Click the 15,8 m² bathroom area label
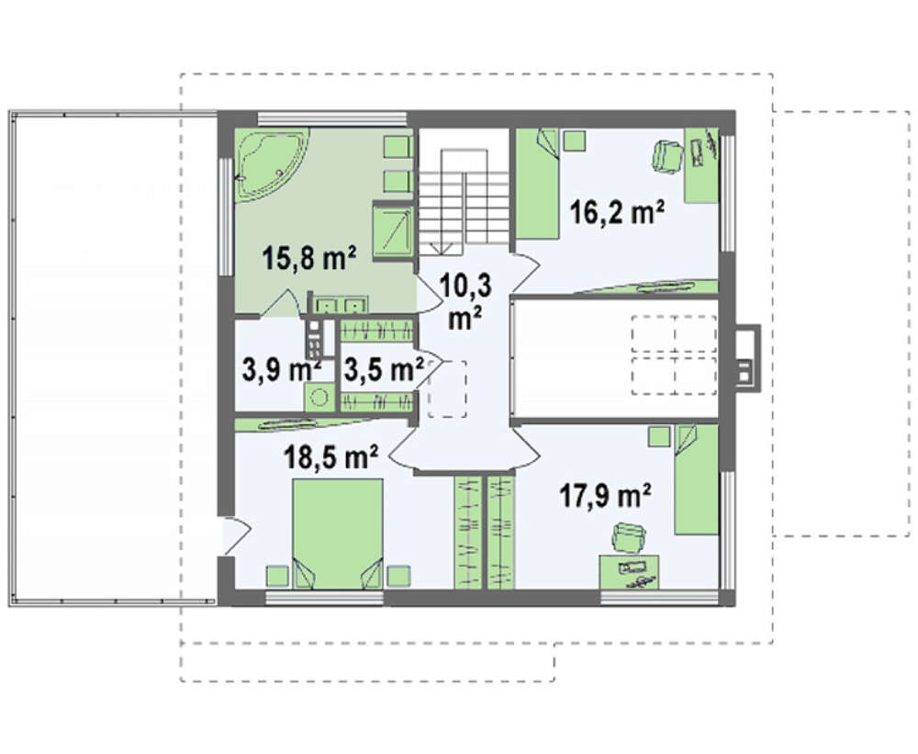coord(309,258)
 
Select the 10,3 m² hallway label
coord(465,301)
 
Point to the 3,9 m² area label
coord(281,370)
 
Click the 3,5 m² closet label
coord(384,369)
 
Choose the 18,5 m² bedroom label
coord(330,456)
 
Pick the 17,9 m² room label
coord(605,495)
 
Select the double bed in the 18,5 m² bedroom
coord(338,534)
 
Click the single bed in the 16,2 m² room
coord(537,184)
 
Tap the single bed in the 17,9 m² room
coord(696,479)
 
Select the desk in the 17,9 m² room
coord(630,572)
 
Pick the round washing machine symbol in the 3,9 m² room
coord(319,398)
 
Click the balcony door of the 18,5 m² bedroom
coord(236,535)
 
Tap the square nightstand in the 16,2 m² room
coord(575,141)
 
